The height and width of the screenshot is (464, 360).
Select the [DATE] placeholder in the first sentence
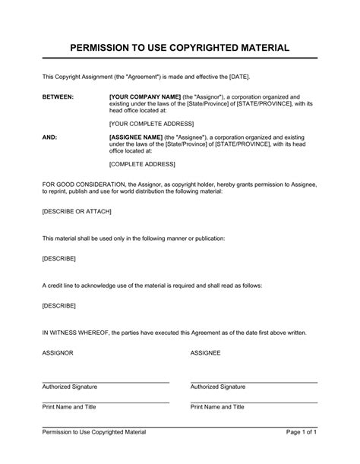click(237, 77)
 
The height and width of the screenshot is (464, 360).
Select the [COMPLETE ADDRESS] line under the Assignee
click(142, 164)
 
